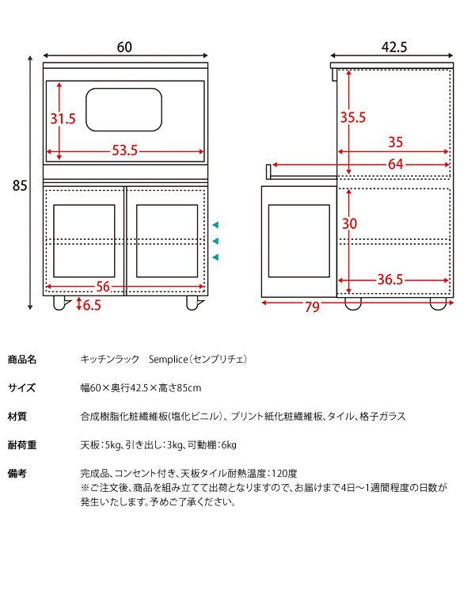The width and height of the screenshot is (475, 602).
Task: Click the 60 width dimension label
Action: point(124,47)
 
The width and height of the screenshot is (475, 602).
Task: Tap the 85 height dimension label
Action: point(21,186)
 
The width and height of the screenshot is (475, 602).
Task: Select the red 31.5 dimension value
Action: point(63,119)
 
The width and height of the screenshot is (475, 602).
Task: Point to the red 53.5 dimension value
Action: point(124,150)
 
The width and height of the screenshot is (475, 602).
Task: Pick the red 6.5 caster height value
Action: point(92,304)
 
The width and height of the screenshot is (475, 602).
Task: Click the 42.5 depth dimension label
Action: point(393,47)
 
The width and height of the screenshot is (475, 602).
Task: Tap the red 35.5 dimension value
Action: point(352,117)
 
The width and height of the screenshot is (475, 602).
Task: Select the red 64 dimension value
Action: point(396,164)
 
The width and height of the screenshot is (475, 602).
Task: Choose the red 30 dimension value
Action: point(349,223)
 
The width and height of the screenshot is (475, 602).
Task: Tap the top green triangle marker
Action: point(215,225)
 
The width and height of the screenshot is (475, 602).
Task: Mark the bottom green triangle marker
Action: point(215,257)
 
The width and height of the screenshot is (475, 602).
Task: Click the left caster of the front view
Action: point(59,303)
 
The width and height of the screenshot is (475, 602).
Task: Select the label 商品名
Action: point(22,359)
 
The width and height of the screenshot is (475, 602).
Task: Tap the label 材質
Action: point(17,416)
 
